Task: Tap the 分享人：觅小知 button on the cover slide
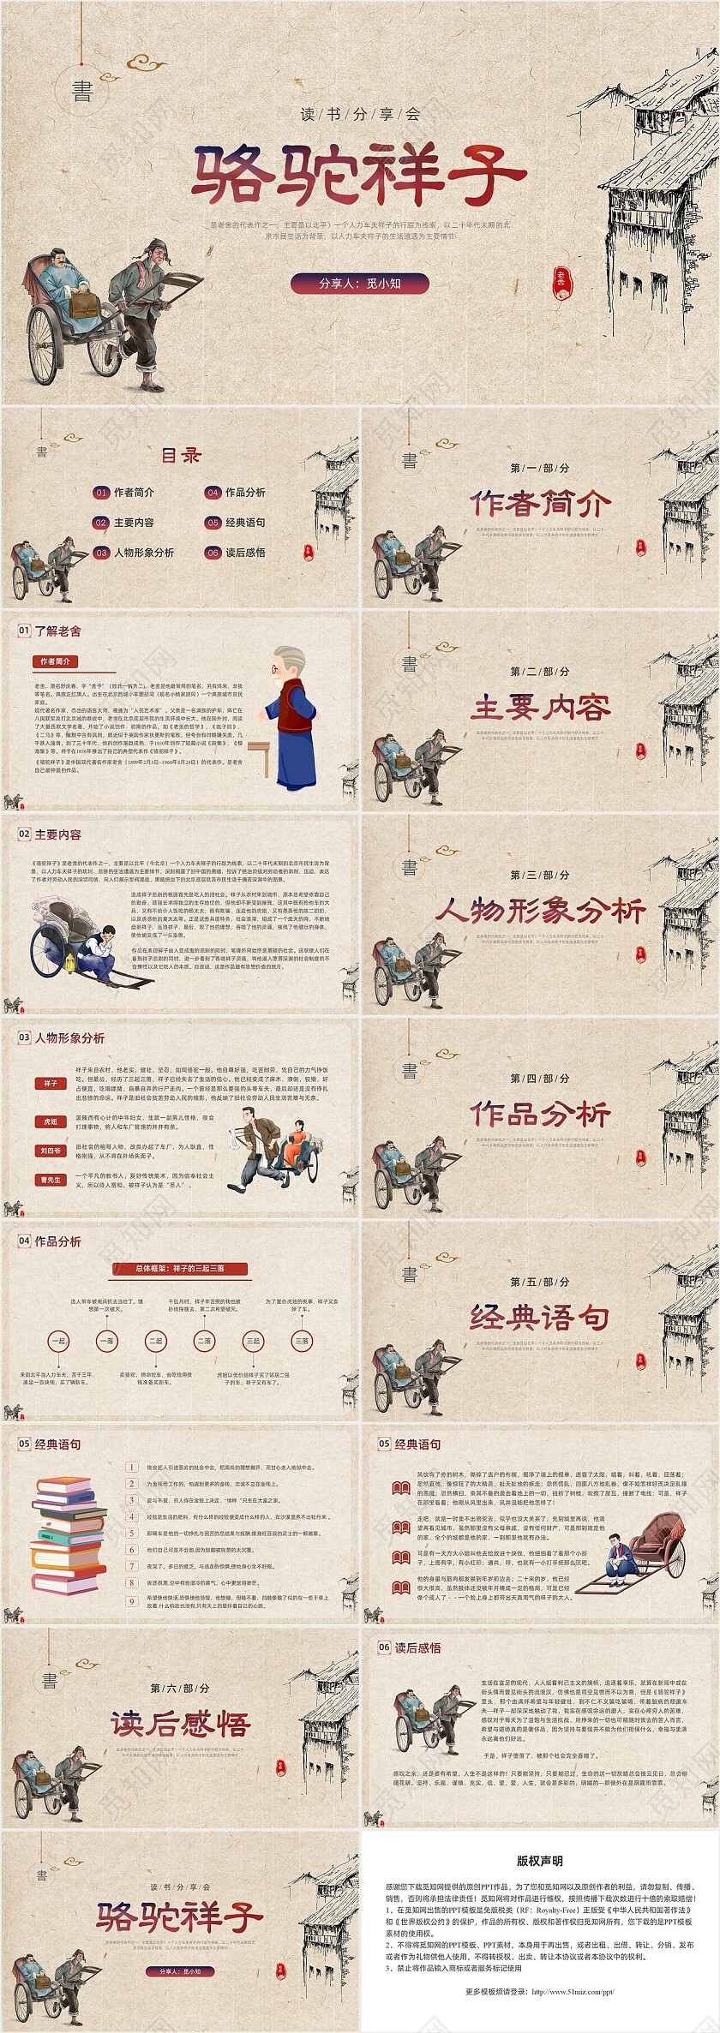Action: [x=359, y=284]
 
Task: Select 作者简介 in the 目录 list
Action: [x=134, y=493]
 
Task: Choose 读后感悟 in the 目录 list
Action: [x=245, y=553]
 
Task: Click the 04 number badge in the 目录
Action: [x=213, y=493]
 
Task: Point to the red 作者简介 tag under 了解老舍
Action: [x=55, y=661]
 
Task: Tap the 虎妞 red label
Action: [x=51, y=1121]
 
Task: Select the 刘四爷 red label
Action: [x=51, y=1151]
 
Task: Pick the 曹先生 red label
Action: [x=51, y=1180]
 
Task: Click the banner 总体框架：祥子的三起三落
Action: [x=180, y=1268]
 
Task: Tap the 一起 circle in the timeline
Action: [x=58, y=1341]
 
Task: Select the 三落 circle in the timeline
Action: [x=302, y=1341]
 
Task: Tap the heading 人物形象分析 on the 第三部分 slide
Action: [x=540, y=911]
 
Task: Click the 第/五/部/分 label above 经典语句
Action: [x=540, y=1282]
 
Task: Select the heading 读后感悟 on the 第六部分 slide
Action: [x=180, y=1725]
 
